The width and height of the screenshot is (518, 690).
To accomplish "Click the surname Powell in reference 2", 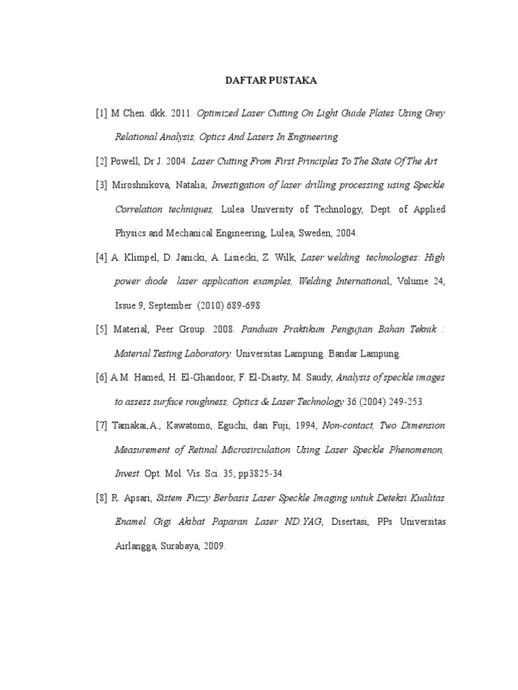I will (132, 161).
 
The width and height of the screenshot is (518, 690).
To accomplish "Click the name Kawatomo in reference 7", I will (188, 426).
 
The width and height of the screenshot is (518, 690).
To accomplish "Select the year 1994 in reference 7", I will (306, 426).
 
